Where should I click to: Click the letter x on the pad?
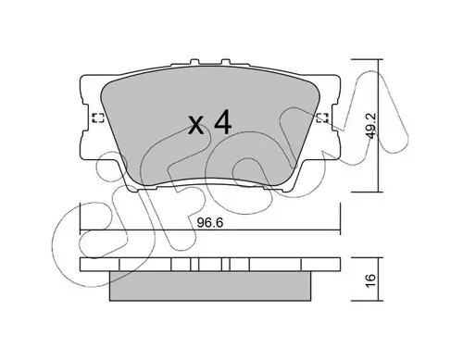[x=196, y=125]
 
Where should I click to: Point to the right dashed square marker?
[x=323, y=118]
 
